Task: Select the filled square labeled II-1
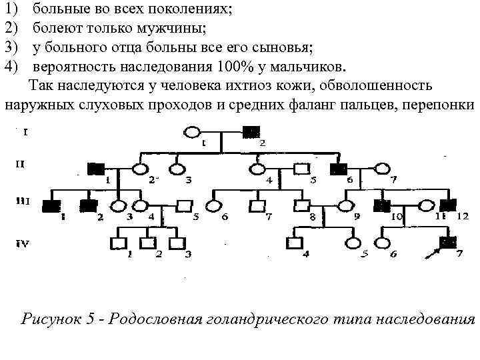point(95,168)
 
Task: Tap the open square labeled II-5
point(302,168)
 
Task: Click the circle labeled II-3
point(177,168)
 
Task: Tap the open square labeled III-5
point(185,205)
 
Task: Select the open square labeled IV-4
point(292,243)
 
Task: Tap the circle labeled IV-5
point(353,243)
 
